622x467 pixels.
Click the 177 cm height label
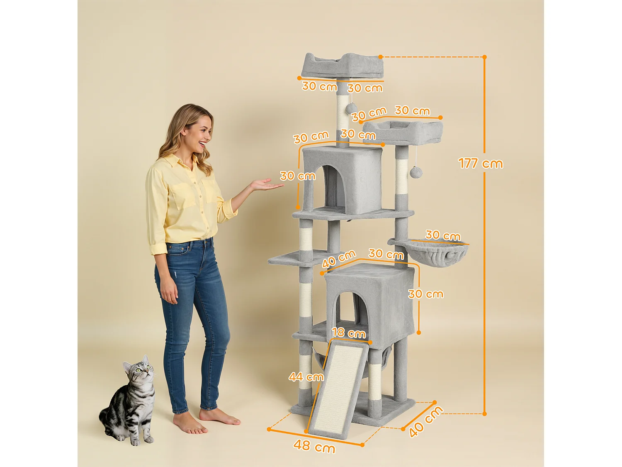click(x=480, y=163)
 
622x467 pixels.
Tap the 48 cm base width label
click(x=314, y=446)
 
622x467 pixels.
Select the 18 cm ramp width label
click(x=348, y=333)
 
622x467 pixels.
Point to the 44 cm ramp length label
click(x=306, y=377)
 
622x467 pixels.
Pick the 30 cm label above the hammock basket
click(x=443, y=236)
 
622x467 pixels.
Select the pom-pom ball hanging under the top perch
click(x=352, y=108)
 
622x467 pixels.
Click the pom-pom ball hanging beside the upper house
click(x=415, y=172)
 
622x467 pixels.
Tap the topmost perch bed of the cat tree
click(x=342, y=66)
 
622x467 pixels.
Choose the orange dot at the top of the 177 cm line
click(x=484, y=57)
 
